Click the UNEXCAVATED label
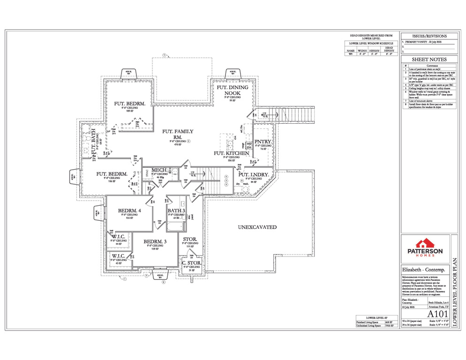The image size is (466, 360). coord(257,227)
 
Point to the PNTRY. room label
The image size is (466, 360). coord(263,142)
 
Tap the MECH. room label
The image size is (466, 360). coord(160,170)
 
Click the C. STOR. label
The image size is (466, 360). coord(191,263)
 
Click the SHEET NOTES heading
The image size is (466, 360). coord(428,60)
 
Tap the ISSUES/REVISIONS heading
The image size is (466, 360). coord(428,36)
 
